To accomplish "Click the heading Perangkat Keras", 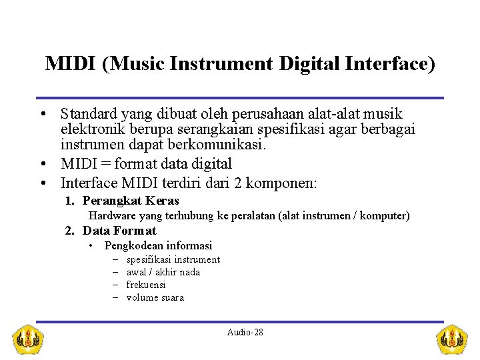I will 131,201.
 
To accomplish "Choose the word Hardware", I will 113,216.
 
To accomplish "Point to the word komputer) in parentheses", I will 385,216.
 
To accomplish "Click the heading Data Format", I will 119,231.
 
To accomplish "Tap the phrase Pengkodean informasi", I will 158,245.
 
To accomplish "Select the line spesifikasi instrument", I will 173,259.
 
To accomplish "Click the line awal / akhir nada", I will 163,272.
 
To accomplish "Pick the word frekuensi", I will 146,285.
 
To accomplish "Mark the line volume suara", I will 155,297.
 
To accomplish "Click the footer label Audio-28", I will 245,332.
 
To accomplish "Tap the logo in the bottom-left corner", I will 29,339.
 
